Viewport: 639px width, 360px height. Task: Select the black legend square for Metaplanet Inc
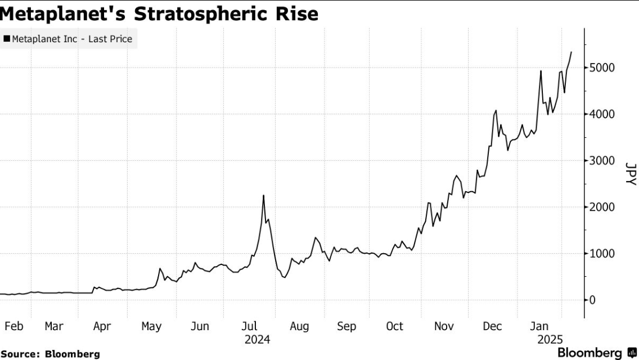point(7,39)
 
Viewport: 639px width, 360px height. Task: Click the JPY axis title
point(631,174)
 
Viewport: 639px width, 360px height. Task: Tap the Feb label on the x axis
point(13,326)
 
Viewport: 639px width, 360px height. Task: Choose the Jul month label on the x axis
point(250,326)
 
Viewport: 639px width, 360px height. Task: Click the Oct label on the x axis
point(395,326)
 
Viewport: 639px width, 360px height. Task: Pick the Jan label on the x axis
point(540,326)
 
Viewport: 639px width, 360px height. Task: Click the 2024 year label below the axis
point(257,340)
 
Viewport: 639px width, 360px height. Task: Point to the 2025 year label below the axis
point(550,340)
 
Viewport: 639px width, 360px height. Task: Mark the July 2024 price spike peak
point(263,196)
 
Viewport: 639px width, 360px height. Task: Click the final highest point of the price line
point(571,52)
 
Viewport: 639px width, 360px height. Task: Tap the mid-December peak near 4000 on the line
point(496,111)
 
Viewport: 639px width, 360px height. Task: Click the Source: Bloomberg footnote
point(50,354)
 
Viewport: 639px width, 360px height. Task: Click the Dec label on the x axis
point(493,326)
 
